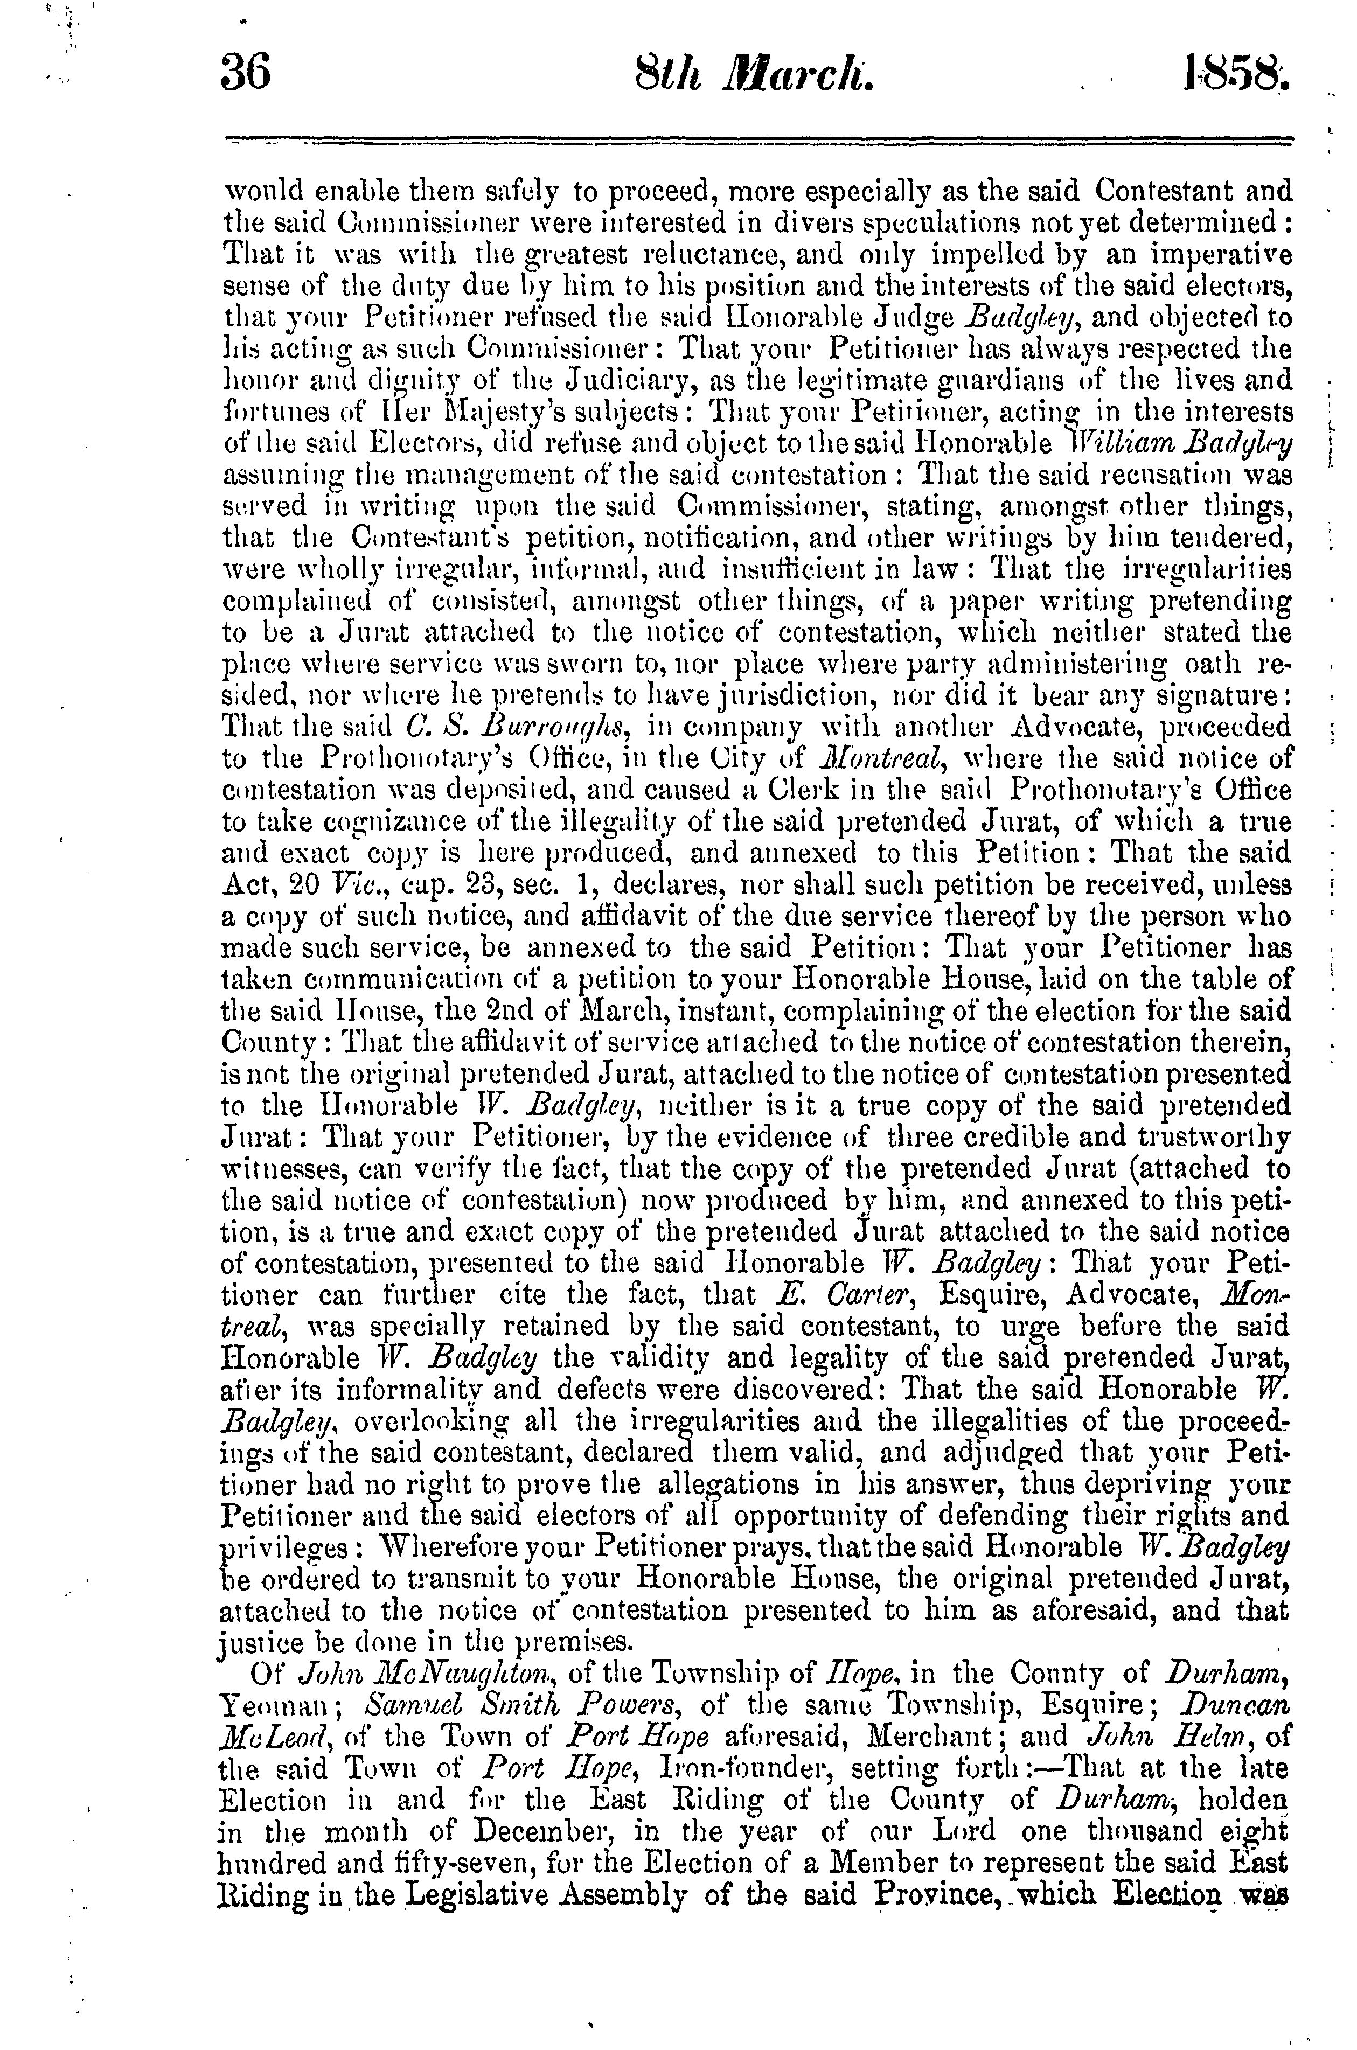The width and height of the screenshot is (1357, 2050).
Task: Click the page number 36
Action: (x=247, y=72)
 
